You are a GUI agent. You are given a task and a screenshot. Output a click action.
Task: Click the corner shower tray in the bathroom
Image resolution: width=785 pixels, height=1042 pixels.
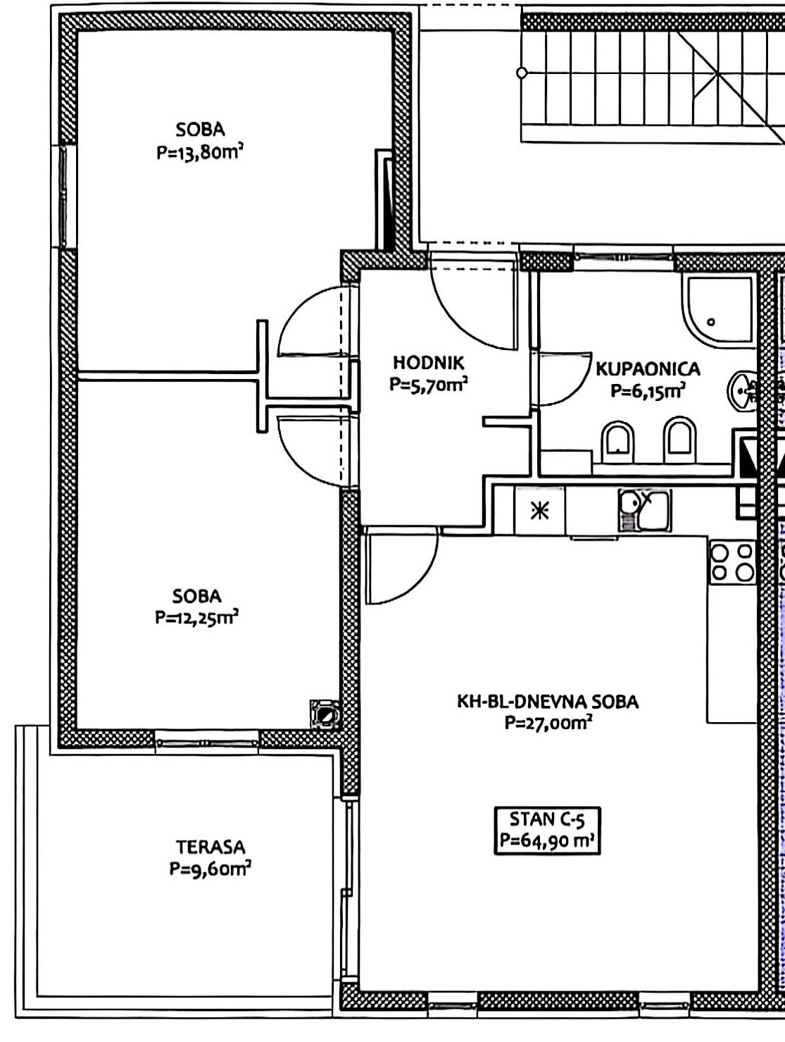(718, 310)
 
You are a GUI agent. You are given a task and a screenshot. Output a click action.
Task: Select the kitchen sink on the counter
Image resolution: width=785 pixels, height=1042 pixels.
(644, 511)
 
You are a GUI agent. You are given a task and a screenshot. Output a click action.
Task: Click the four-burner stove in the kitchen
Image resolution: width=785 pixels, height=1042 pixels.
(732, 562)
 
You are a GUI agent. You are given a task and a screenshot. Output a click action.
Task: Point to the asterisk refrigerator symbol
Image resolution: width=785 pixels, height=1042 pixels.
(539, 511)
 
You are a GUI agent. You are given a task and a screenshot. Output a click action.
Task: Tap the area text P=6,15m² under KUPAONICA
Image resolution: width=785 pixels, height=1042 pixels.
(648, 391)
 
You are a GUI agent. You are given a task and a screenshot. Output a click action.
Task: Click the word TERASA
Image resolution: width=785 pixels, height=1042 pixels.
(211, 847)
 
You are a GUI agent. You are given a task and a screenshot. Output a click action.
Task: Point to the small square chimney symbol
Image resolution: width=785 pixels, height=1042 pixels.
(325, 714)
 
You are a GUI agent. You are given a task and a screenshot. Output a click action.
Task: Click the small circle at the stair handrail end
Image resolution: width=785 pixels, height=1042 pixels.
(522, 73)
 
